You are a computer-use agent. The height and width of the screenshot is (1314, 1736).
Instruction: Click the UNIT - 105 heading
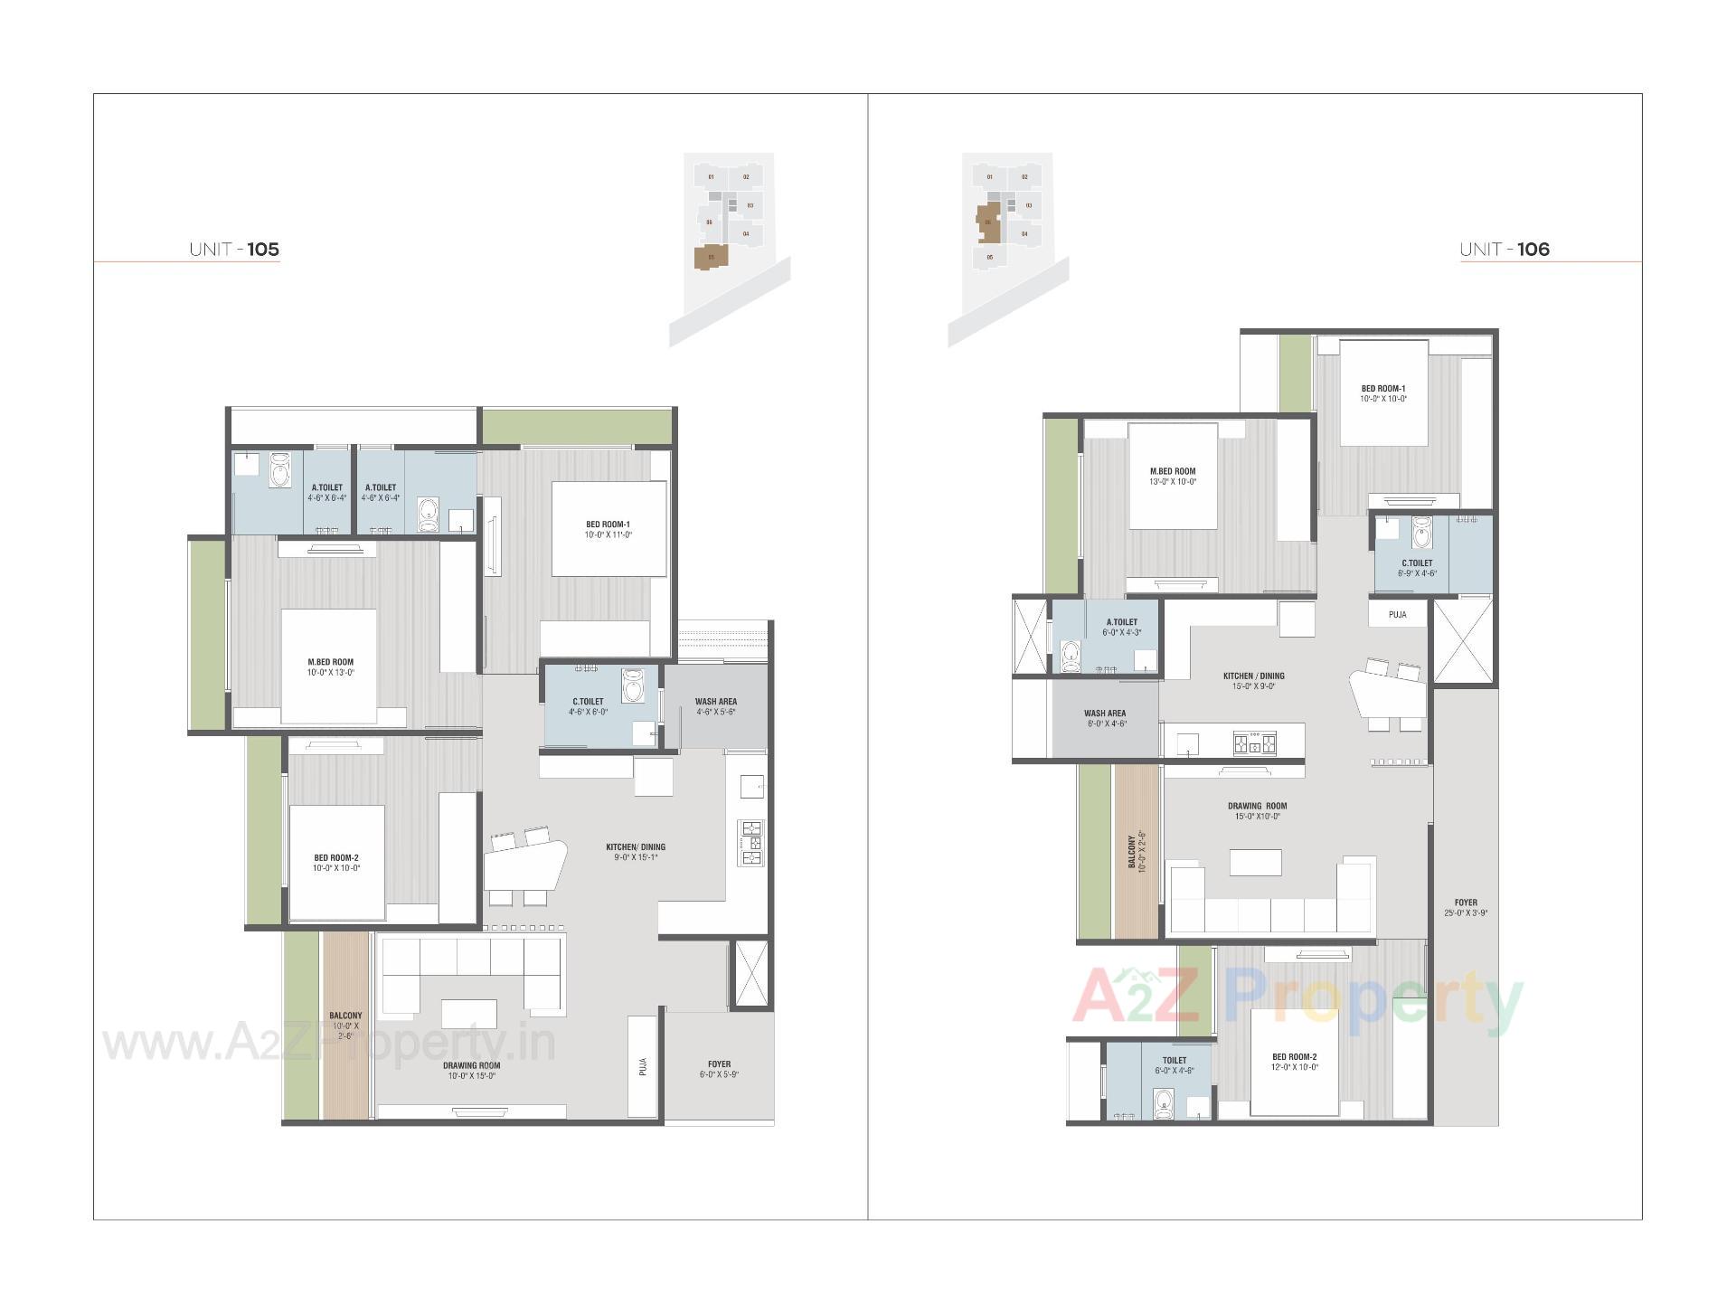tap(234, 250)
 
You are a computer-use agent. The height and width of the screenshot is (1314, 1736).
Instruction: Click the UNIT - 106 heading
tap(1505, 250)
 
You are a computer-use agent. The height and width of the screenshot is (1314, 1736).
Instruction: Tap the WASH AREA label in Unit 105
tap(715, 701)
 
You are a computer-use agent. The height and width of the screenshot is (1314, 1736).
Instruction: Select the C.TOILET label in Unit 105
tap(588, 701)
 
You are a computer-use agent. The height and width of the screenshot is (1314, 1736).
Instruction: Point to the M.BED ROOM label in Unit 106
tap(1172, 471)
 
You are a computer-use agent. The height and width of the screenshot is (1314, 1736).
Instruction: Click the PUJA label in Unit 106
tap(1398, 615)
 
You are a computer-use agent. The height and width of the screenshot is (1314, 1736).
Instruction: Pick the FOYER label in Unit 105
tap(719, 1063)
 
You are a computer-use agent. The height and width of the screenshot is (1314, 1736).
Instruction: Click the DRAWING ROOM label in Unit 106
tap(1257, 806)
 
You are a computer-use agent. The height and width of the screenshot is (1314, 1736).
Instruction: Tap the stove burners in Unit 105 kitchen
tap(751, 843)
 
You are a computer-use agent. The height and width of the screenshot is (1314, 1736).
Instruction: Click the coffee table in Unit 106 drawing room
tap(1256, 863)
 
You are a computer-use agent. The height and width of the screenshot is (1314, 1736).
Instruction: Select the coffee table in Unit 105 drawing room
tap(468, 1013)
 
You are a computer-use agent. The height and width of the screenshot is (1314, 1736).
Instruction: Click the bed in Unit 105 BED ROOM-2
tap(336, 862)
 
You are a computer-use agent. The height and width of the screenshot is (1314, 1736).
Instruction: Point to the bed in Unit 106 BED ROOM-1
tap(1382, 393)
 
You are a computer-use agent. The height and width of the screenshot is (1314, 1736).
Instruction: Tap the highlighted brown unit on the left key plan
tap(711, 258)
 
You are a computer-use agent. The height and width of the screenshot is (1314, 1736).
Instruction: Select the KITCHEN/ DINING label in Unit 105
tap(635, 847)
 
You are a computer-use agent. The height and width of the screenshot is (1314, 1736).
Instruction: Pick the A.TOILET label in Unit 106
tap(1122, 622)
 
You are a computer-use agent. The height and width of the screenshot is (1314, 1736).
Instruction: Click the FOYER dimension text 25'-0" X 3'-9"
tap(1466, 913)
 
